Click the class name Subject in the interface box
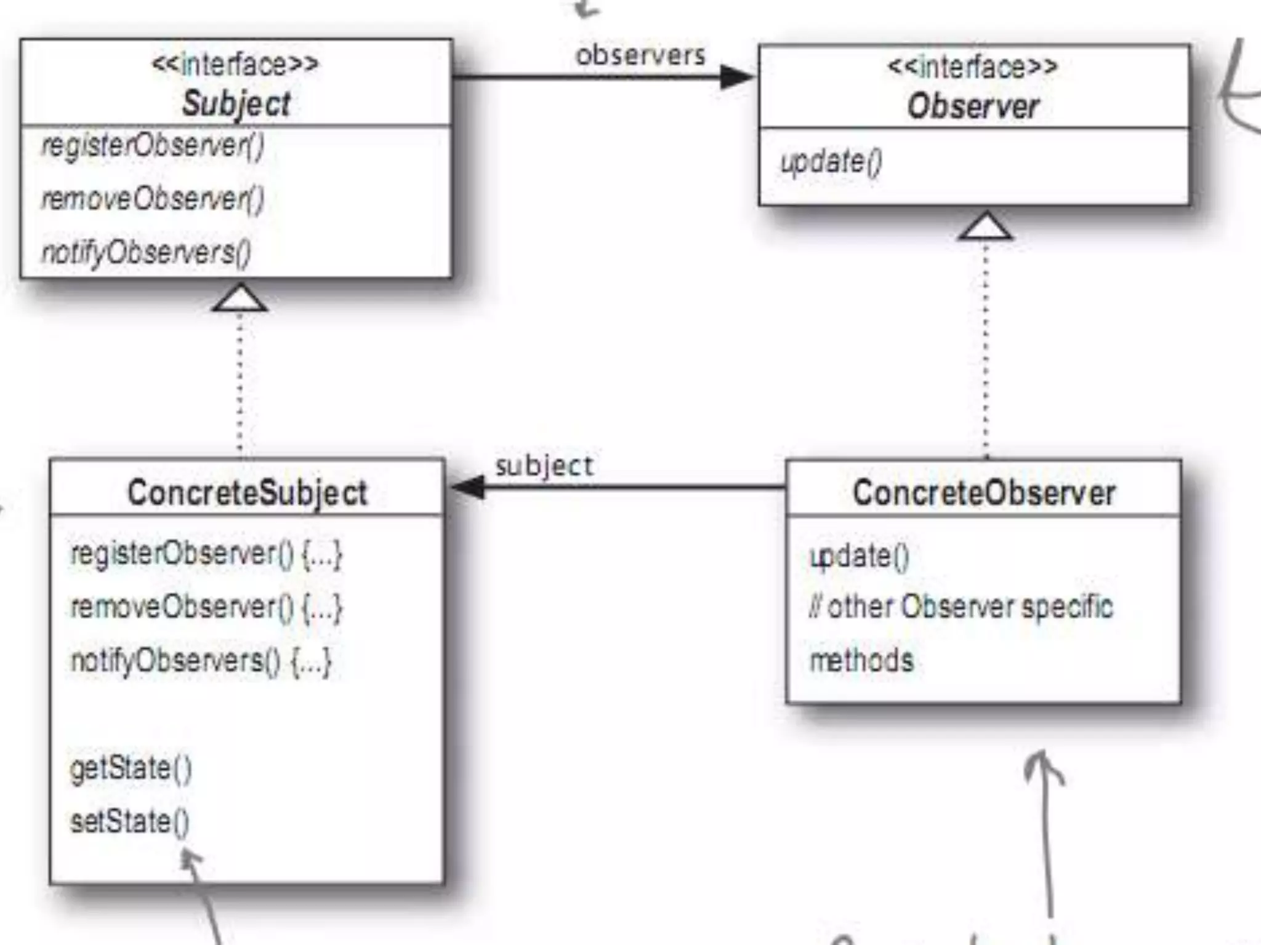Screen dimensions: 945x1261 [236, 103]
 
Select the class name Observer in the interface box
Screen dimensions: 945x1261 [973, 106]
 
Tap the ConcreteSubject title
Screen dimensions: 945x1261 [247, 493]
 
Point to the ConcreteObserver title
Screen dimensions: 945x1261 [983, 493]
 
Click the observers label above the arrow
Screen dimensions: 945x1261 [640, 55]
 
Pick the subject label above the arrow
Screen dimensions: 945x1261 [544, 466]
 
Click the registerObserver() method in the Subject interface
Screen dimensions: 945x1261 [153, 146]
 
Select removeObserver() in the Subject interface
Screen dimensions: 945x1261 [153, 199]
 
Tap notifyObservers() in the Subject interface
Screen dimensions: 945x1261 [147, 252]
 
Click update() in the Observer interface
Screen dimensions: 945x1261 [831, 162]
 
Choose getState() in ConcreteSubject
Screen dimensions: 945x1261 [131, 768]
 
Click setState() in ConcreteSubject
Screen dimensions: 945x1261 [130, 821]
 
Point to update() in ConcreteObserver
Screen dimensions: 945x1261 [859, 556]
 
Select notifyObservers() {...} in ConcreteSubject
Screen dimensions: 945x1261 [201, 661]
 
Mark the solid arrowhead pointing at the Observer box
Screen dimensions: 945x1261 [736, 77]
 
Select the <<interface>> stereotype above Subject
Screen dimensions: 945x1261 [235, 64]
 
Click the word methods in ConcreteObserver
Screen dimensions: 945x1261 [861, 660]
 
